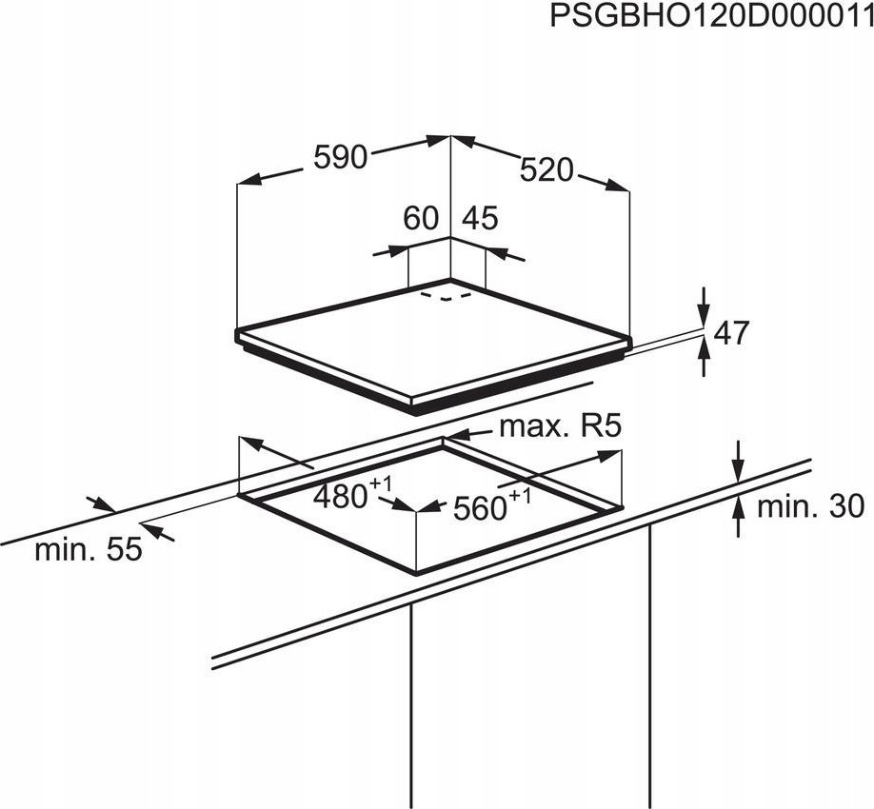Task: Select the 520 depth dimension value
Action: click(x=546, y=170)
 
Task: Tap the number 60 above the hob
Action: click(x=421, y=218)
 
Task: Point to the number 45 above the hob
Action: click(x=480, y=218)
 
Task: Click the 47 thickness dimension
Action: click(x=731, y=333)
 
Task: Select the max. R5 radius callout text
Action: click(x=560, y=426)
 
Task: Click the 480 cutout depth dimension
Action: click(x=340, y=496)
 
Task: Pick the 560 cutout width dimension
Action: click(x=479, y=508)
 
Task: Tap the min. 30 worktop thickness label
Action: click(x=810, y=507)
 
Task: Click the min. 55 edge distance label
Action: click(x=89, y=550)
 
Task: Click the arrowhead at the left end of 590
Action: click(x=248, y=179)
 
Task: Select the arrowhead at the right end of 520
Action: click(x=618, y=186)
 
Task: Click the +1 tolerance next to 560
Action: click(x=519, y=495)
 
